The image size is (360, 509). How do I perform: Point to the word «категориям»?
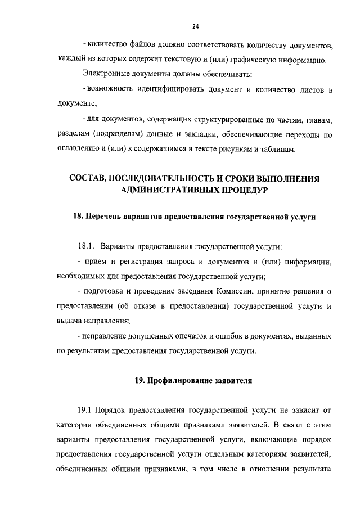point(254,455)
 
